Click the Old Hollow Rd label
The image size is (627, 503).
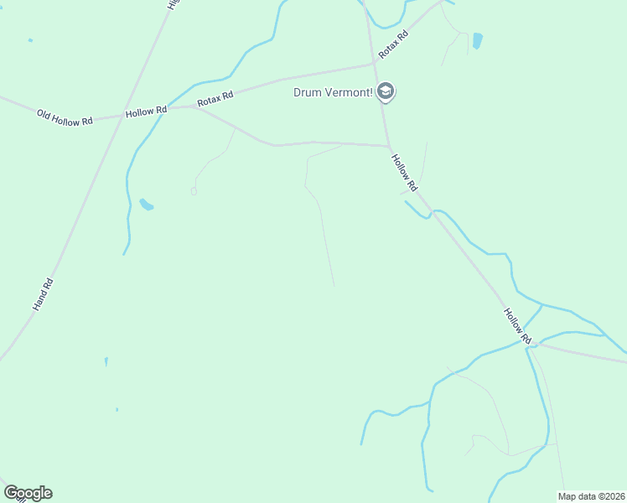click(65, 117)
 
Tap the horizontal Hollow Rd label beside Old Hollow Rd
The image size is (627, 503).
click(146, 111)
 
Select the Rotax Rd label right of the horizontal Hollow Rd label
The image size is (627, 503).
click(215, 99)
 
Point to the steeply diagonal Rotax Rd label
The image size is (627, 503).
click(392, 44)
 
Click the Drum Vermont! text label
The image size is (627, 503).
click(333, 92)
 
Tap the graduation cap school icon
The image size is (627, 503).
click(386, 91)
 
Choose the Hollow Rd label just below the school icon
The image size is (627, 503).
click(403, 171)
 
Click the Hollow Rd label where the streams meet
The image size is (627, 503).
click(517, 325)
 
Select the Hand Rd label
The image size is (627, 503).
click(43, 294)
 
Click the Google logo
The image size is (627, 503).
click(28, 493)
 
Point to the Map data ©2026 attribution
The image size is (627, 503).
click(592, 496)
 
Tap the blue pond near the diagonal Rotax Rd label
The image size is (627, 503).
click(477, 40)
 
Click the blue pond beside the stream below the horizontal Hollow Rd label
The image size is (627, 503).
click(147, 205)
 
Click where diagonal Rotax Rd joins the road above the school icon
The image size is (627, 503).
click(374, 63)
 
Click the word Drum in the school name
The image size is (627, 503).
click(304, 92)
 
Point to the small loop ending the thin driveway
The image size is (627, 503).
click(194, 191)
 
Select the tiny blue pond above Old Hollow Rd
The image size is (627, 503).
click(30, 40)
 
